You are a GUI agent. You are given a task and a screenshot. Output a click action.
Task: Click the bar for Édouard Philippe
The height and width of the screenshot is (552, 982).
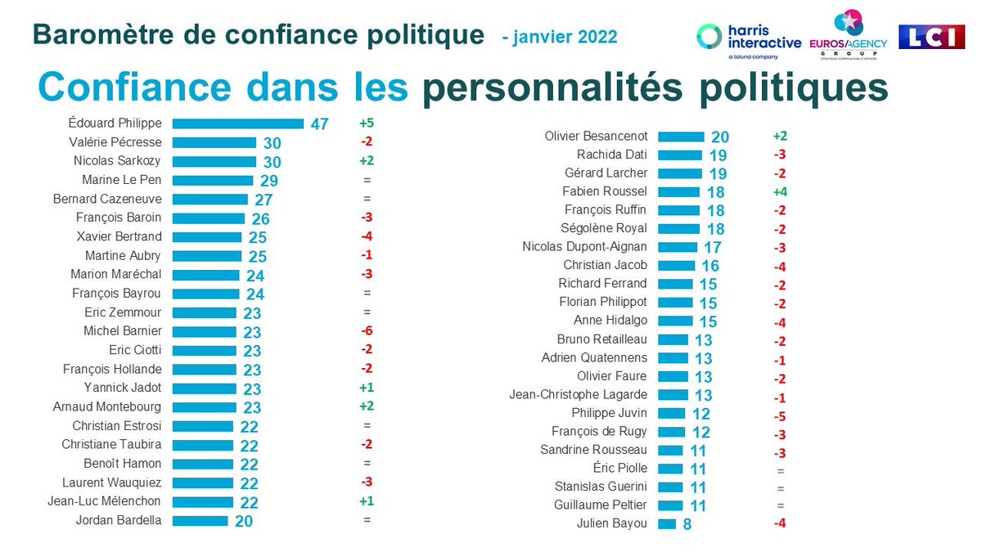pyautogui.click(x=237, y=123)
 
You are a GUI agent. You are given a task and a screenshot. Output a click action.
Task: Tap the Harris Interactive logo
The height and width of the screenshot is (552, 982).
pyautogui.click(x=748, y=38)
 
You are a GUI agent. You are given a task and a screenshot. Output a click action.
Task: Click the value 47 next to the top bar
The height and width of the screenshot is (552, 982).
pyautogui.click(x=319, y=124)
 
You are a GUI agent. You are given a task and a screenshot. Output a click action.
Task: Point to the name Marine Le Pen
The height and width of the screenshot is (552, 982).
pyautogui.click(x=122, y=180)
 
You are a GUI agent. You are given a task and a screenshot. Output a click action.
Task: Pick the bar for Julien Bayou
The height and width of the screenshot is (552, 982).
pyautogui.click(x=667, y=523)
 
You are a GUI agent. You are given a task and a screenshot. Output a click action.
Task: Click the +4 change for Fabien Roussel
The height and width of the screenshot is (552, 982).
pyautogui.click(x=780, y=191)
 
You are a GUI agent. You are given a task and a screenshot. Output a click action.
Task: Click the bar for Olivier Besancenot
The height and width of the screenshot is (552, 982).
pyautogui.click(x=681, y=137)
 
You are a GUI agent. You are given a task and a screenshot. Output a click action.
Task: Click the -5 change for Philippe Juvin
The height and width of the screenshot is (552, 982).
pyautogui.click(x=780, y=414)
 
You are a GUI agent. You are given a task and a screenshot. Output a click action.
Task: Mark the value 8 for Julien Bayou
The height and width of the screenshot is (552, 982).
pyautogui.click(x=687, y=524)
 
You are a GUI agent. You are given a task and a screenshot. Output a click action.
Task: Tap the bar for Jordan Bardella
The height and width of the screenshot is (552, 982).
pyautogui.click(x=200, y=520)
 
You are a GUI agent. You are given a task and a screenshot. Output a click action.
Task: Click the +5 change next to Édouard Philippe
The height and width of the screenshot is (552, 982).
pyautogui.click(x=366, y=123)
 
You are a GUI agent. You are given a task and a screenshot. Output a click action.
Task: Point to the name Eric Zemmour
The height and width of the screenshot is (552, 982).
pyautogui.click(x=123, y=312)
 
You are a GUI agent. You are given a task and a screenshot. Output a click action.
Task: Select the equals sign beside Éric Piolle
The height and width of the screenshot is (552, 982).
pyautogui.click(x=780, y=469)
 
